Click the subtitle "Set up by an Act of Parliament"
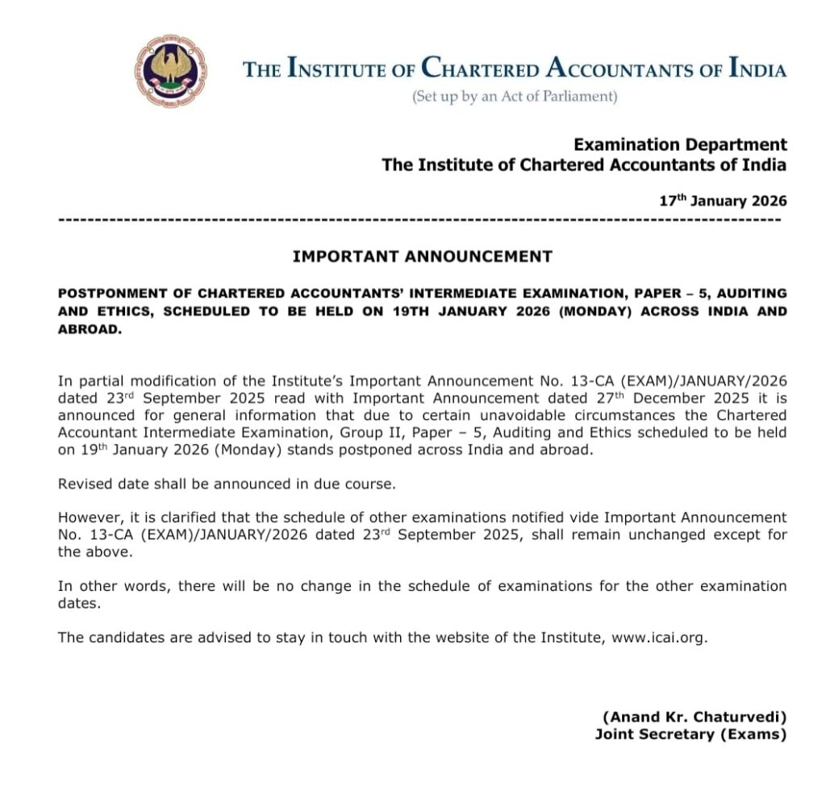515,98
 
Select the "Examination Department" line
680,145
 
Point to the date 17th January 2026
723,201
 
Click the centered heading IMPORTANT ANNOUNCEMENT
422,257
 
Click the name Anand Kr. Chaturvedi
694,717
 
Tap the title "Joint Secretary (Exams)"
690,734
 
